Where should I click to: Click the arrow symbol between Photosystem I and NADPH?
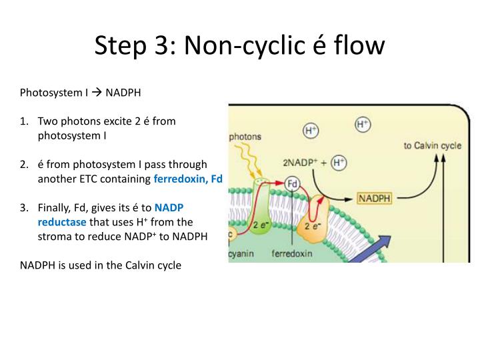coord(96,92)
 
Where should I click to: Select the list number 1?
coord(25,121)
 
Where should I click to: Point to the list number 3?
coord(25,207)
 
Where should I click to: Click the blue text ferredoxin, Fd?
coord(188,179)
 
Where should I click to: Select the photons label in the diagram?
coord(245,137)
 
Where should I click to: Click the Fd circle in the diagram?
coord(292,182)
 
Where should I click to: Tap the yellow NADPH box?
coord(375,198)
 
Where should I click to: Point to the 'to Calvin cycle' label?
coord(432,145)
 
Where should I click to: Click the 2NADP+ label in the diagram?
coord(302,162)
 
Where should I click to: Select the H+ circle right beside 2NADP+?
coord(339,162)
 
